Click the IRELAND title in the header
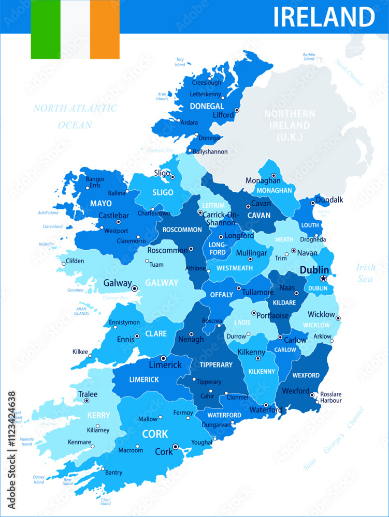[324, 17]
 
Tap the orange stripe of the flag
[105, 29]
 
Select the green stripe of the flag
[45, 29]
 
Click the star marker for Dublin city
[323, 279]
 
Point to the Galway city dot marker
[134, 288]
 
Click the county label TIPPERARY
[216, 365]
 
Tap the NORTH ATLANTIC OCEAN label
[75, 116]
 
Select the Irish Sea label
[366, 273]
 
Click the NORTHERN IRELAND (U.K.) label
[289, 125]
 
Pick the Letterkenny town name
[206, 95]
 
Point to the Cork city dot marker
[176, 447]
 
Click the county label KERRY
[98, 415]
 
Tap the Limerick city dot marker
[163, 358]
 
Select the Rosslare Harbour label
[331, 397]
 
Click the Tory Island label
[180, 62]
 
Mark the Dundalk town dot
[312, 203]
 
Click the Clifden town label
[75, 261]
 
